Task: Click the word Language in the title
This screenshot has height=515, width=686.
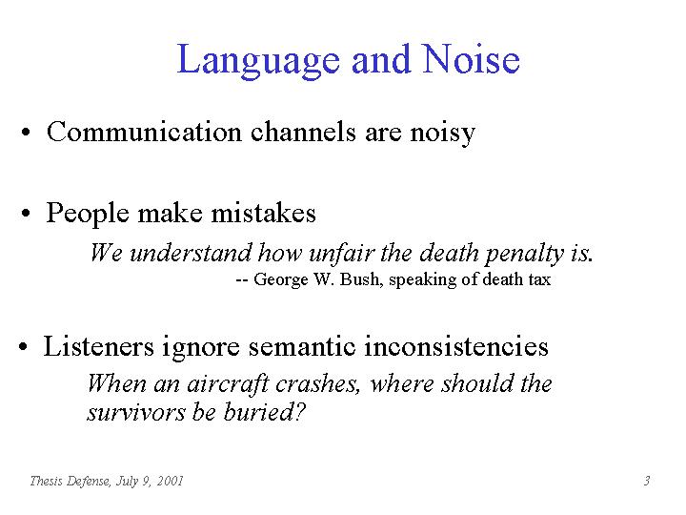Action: click(x=258, y=61)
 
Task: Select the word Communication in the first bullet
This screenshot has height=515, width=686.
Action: click(x=144, y=132)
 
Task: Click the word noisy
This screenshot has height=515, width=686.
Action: click(x=442, y=133)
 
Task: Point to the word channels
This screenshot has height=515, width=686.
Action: click(x=303, y=132)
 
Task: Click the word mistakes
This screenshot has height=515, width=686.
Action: click(x=263, y=214)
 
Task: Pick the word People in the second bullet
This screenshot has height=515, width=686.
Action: click(x=88, y=215)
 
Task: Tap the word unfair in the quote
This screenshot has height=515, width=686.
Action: click(x=342, y=253)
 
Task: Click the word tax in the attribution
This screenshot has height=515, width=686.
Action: click(x=539, y=279)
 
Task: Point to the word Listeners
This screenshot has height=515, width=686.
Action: click(x=99, y=346)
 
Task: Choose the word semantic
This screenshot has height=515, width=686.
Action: click(x=302, y=346)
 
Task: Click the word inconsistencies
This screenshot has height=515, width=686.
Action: click(x=455, y=346)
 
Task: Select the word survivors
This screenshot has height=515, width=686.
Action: click(x=135, y=413)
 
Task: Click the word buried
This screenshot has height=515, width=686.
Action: click(x=264, y=412)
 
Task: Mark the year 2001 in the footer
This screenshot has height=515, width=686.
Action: click(x=170, y=481)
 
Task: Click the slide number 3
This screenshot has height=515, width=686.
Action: click(x=647, y=481)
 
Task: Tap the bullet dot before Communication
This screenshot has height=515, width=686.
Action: click(x=26, y=133)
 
